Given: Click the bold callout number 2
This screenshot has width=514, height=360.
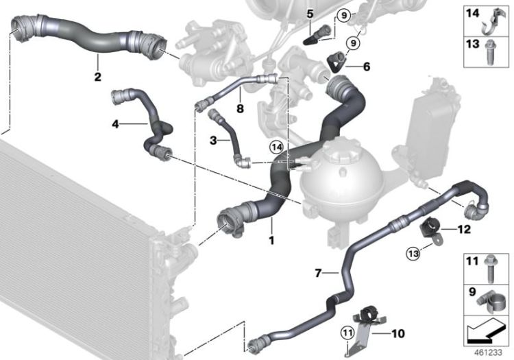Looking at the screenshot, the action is coord(98,77).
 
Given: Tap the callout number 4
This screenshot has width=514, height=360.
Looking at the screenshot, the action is coord(115,124).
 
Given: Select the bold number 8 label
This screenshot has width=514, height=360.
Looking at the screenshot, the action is coord(241,108).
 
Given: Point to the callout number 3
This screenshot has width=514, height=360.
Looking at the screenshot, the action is coord(213,141).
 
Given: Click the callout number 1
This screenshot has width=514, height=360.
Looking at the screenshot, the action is coord(271,240).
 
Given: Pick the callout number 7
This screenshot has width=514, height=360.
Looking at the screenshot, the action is coord(317,272).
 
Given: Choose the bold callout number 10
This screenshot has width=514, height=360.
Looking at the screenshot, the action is coord(398,334).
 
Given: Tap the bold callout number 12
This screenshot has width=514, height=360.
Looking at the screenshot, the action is coord(464,229).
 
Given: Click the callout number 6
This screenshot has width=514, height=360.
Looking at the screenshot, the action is coord(367,67).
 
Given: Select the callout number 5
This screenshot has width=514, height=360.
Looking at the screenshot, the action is coord(310,14).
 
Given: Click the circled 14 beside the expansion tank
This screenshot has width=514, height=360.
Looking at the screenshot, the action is coord(276,147).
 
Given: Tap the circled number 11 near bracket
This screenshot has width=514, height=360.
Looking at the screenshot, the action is coord(347,333).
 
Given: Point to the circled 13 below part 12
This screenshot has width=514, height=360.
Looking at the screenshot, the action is coord(413,253).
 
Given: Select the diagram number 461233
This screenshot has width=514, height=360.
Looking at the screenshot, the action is coord(488,352).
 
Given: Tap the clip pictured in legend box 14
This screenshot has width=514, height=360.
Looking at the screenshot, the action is coord(494,21).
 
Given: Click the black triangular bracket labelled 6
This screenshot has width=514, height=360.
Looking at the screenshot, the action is coord(336,62).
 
